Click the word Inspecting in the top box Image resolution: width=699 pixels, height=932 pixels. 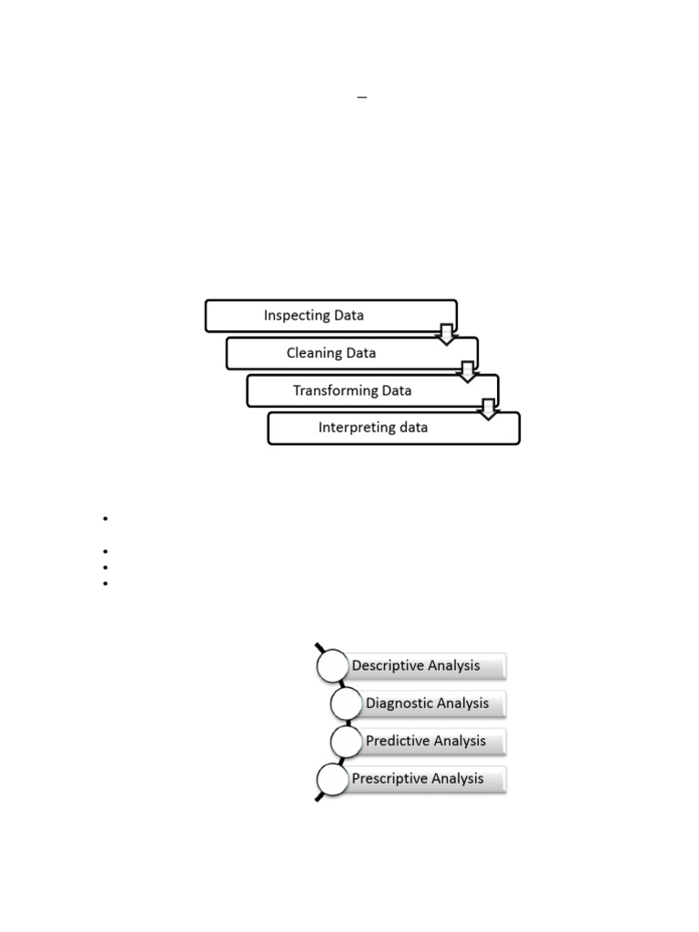coord(296,316)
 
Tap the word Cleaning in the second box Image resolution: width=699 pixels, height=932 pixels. coord(314,353)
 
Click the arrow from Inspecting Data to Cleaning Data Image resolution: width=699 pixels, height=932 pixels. coord(446,334)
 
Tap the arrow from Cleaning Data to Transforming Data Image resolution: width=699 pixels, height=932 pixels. coord(468,371)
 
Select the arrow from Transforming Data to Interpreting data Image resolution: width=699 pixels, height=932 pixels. coord(489,409)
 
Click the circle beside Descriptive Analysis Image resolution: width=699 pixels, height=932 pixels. coord(332,666)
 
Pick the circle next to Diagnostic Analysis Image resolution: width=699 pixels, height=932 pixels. coord(347,704)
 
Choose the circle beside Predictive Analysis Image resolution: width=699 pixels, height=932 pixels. coord(347,741)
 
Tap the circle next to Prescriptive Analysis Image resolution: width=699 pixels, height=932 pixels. coord(332,779)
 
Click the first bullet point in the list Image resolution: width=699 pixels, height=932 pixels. coord(106,519)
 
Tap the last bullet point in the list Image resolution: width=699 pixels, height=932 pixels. coord(106,582)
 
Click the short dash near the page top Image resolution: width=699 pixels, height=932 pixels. coord(361,96)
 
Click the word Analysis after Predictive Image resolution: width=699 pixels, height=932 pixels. coord(461,741)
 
